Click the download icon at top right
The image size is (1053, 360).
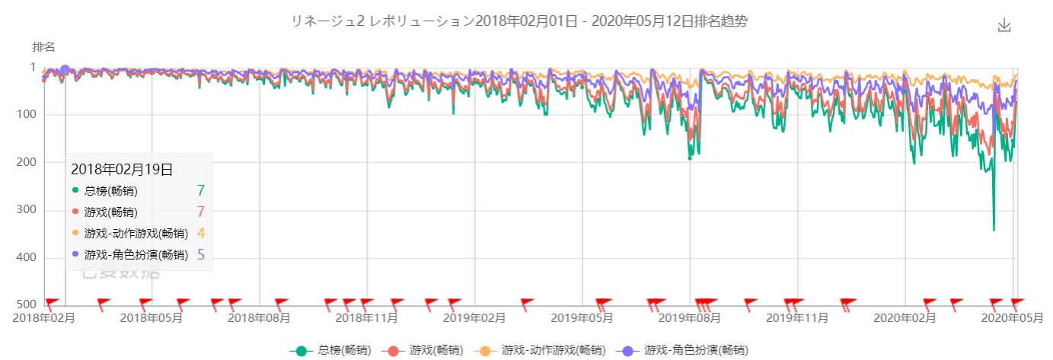tap(1004, 24)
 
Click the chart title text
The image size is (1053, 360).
tap(519, 21)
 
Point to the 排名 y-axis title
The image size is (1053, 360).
tap(43, 46)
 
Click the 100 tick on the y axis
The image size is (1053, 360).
tap(27, 115)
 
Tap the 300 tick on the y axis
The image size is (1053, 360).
tap(27, 210)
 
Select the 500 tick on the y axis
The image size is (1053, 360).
tap(27, 306)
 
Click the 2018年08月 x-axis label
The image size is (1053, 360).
tap(260, 317)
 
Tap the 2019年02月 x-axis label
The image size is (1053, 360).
tap(474, 317)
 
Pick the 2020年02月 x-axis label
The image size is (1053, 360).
tap(905, 317)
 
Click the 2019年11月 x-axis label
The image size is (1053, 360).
tap(797, 317)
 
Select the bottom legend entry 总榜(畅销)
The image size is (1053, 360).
tap(330, 351)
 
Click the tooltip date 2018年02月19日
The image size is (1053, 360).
tap(122, 169)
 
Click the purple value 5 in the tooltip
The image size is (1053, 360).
tap(200, 255)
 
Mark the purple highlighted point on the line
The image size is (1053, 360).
tap(65, 70)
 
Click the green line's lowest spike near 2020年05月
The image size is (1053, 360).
tap(994, 229)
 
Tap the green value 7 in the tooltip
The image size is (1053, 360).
tap(200, 191)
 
